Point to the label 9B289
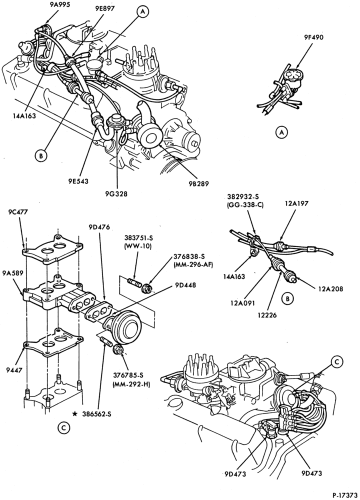click(x=198, y=183)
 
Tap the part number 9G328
click(x=117, y=193)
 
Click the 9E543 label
click(x=77, y=181)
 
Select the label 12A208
click(x=330, y=289)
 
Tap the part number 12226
click(x=269, y=315)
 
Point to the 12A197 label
click(x=296, y=203)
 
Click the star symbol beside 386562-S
click(x=74, y=414)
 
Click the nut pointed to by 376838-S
click(x=147, y=287)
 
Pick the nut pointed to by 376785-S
click(x=118, y=349)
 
